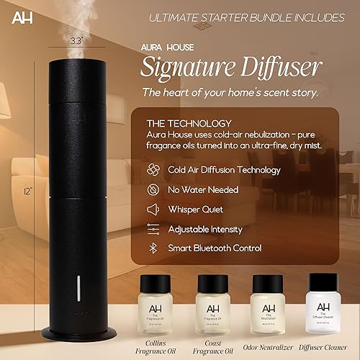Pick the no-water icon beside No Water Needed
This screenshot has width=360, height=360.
point(153,190)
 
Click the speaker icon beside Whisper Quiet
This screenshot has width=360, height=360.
point(153,210)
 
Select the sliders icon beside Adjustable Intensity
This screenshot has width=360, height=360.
point(153,228)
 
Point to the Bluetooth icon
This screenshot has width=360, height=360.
point(153,248)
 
